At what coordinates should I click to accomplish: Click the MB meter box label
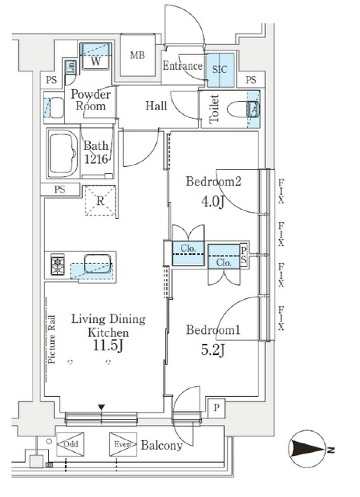click(x=137, y=56)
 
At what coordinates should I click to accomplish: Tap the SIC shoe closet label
click(x=220, y=69)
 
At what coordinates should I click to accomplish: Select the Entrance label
click(x=182, y=66)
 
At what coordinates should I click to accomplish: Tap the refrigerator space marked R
click(x=100, y=201)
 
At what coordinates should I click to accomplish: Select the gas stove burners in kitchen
click(x=58, y=265)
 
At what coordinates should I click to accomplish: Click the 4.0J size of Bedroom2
click(x=213, y=201)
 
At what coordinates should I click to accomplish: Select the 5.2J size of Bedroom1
click(x=213, y=350)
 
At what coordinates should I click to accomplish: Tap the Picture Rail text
click(x=51, y=339)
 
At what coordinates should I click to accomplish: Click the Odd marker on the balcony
click(x=70, y=444)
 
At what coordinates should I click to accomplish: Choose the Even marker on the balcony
click(x=123, y=444)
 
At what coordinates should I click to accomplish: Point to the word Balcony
click(x=162, y=445)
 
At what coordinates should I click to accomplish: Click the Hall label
click(x=156, y=106)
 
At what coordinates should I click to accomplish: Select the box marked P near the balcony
click(x=216, y=407)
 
